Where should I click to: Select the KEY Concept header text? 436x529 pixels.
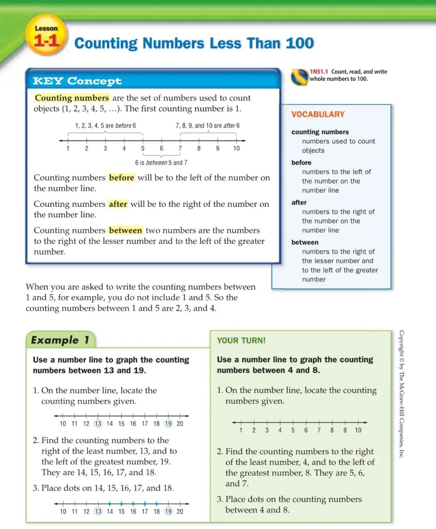pyautogui.click(x=77, y=81)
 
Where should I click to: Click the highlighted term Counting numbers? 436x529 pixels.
pyautogui.click(x=72, y=98)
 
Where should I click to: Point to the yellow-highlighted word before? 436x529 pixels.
pyautogui.click(x=121, y=178)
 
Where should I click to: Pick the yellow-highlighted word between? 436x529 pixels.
pyautogui.click(x=125, y=231)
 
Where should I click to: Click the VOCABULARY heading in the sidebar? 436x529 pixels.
pyautogui.click(x=318, y=114)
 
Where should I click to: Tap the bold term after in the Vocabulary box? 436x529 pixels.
pyautogui.click(x=299, y=202)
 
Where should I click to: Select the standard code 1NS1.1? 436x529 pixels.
pyautogui.click(x=319, y=71)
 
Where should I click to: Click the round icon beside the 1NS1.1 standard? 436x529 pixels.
pyautogui.click(x=299, y=77)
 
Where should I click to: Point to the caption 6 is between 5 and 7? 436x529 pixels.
pyautogui.click(x=161, y=162)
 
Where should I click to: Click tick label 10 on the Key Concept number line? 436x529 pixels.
pyautogui.click(x=236, y=148)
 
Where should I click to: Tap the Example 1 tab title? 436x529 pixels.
pyautogui.click(x=60, y=340)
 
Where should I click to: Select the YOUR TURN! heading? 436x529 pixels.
pyautogui.click(x=241, y=340)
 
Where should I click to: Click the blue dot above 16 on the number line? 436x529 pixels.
pyautogui.click(x=133, y=504)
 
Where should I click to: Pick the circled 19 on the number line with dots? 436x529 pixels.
pyautogui.click(x=168, y=511)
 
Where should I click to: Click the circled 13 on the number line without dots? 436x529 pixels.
pyautogui.click(x=98, y=424)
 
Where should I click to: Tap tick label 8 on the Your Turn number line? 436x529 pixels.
pyautogui.click(x=332, y=430)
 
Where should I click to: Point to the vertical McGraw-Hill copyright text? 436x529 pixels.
pyautogui.click(x=401, y=394)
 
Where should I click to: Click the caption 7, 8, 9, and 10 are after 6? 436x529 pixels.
pyautogui.click(x=208, y=126)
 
